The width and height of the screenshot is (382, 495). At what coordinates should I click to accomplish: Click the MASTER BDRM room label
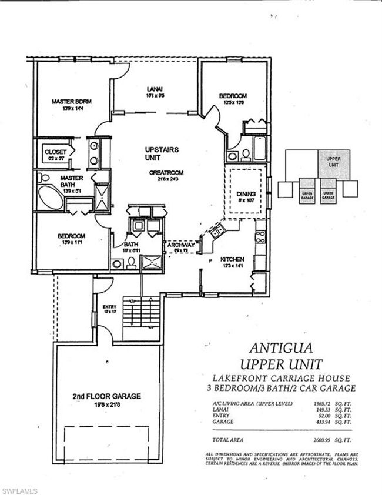(x=71, y=101)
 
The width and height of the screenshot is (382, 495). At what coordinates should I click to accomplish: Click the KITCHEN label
(x=233, y=259)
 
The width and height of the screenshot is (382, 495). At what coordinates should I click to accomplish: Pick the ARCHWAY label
(x=181, y=245)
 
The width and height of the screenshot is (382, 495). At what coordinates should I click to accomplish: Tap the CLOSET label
(x=56, y=152)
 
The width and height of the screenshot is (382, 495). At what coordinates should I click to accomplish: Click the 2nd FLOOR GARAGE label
(x=106, y=396)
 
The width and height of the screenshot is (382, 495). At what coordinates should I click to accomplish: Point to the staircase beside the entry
(x=141, y=317)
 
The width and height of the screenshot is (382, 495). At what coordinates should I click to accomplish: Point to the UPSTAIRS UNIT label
(x=161, y=154)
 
